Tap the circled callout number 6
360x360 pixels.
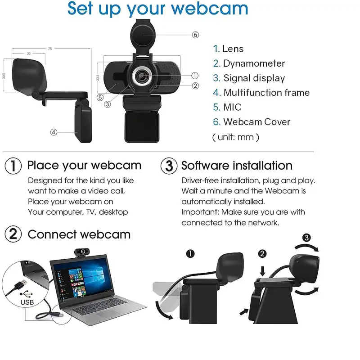[x=195, y=35]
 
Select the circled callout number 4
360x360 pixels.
[x=54, y=132]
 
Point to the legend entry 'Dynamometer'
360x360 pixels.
[x=254, y=63]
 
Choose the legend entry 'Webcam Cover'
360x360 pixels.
[x=256, y=121]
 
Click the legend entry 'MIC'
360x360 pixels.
[x=232, y=107]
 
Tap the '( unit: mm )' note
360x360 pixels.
[x=235, y=137]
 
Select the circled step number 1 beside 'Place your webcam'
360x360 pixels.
[x=13, y=166]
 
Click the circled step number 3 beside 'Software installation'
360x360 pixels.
[x=169, y=166]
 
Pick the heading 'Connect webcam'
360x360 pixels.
[x=79, y=234]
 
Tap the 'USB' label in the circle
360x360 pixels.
[x=27, y=302]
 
